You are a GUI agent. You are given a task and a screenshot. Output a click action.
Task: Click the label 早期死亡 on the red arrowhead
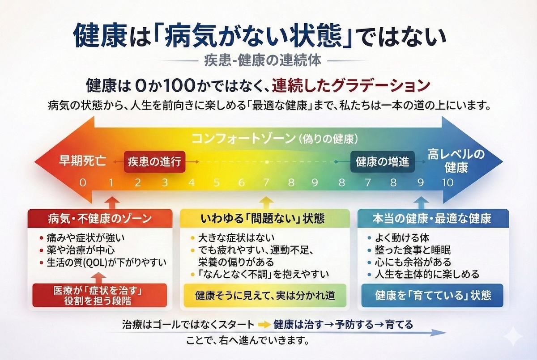83,161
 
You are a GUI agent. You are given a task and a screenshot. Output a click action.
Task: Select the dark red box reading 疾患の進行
154,161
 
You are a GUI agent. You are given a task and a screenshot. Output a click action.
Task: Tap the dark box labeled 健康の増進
382,162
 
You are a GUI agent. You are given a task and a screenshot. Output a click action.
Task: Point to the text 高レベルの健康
456,161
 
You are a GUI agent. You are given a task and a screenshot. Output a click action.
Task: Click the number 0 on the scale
82,182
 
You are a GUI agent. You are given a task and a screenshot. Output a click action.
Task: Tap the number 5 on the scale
217,182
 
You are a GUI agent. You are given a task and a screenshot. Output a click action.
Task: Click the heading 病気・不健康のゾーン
100,219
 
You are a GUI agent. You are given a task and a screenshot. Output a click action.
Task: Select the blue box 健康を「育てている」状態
433,295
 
